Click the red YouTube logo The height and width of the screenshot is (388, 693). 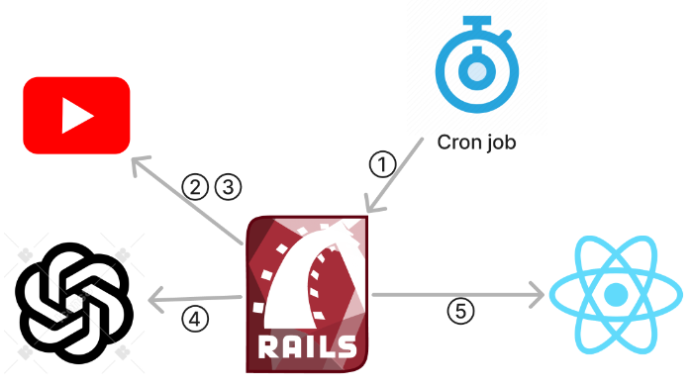point(76,116)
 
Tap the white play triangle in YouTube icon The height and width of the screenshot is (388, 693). point(77,116)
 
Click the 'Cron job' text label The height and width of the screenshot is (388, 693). point(477,142)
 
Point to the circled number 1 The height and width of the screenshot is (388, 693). point(381,163)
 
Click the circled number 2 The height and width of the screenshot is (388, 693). point(196,185)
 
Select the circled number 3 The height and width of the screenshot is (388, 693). point(228,185)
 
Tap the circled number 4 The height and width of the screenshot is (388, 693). point(196,318)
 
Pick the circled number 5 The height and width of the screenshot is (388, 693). point(459,311)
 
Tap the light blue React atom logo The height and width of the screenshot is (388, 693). point(616,294)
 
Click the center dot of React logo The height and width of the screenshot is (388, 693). point(616,294)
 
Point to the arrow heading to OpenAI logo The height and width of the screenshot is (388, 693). point(193,297)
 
